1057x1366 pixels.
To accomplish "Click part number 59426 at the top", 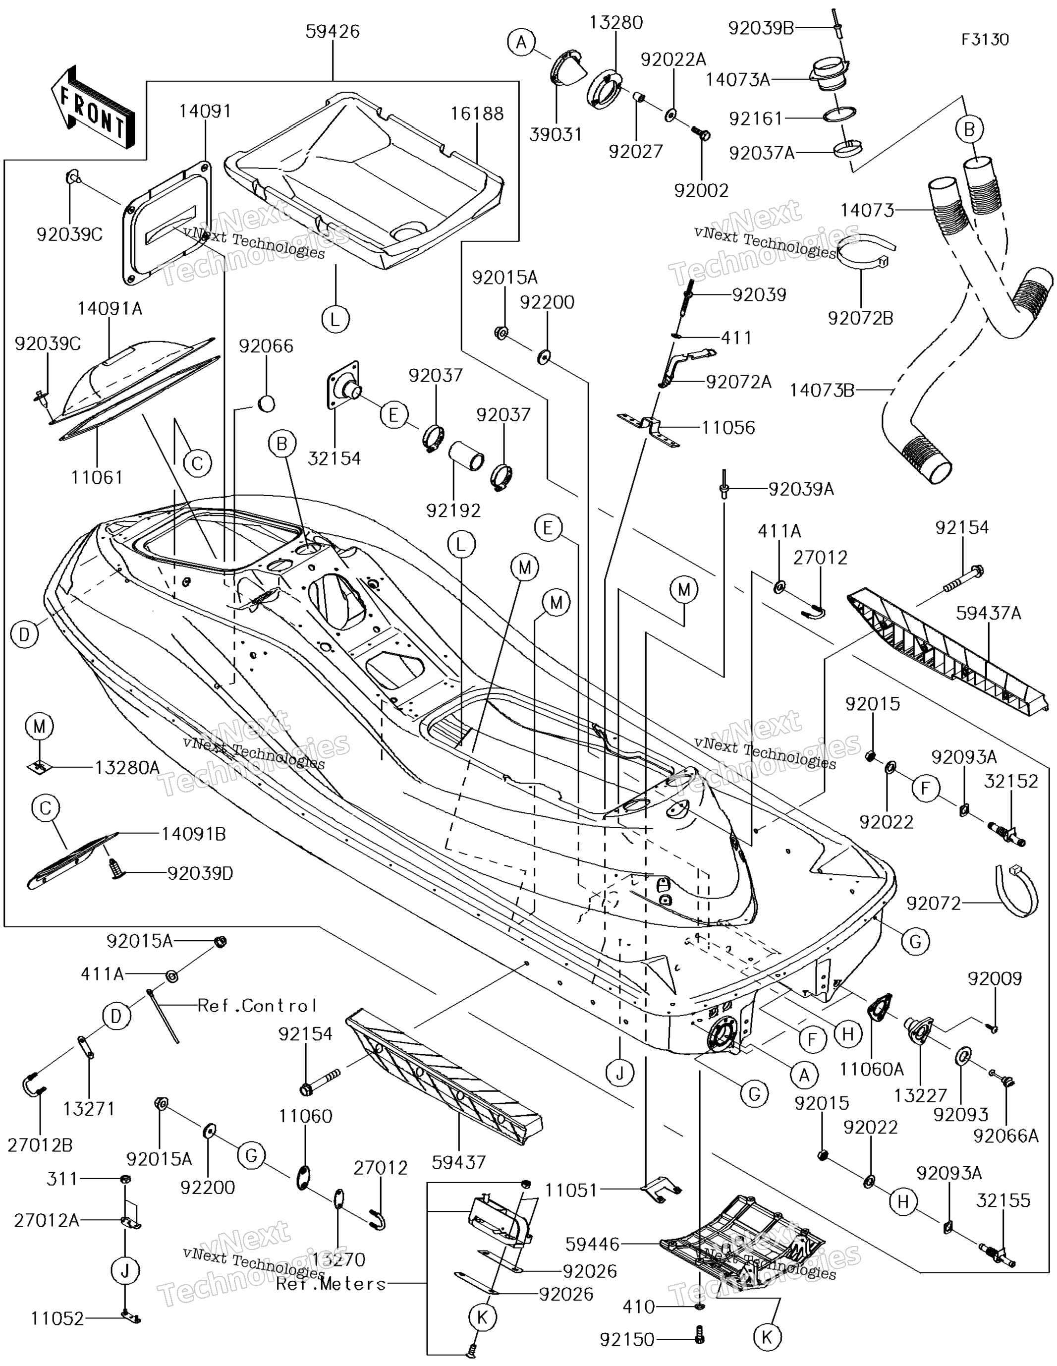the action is pos(332,32).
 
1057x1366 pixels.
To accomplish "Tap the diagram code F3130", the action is pos(985,40).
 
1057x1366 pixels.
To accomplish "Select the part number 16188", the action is pos(477,114).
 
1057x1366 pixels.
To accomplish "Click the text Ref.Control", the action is pos(257,1006).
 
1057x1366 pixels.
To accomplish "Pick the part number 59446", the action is pos(592,1245).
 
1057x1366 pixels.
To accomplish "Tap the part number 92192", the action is pos(453,511).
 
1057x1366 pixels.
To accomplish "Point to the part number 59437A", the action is pos(988,614).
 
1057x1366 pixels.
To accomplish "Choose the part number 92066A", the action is pos(1006,1136).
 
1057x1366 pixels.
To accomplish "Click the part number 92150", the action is pos(627,1340).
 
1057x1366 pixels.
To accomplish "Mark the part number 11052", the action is pos(57,1319).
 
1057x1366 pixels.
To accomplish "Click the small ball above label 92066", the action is pos(266,403).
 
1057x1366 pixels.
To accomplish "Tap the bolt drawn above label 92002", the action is pos(701,133).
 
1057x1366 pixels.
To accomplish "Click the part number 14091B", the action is pos(194,834).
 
